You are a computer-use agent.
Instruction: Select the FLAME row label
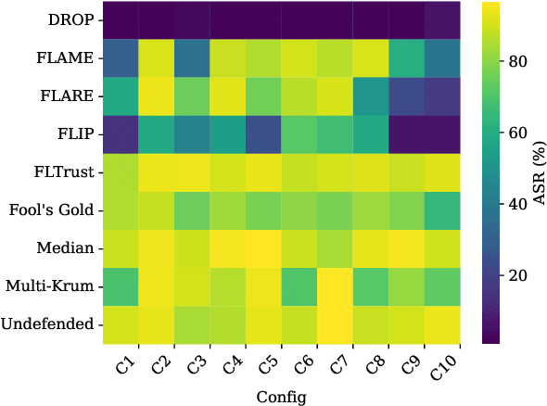tap(66, 57)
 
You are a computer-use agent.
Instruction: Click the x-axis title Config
tap(280, 395)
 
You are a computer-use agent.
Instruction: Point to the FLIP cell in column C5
tap(262, 134)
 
